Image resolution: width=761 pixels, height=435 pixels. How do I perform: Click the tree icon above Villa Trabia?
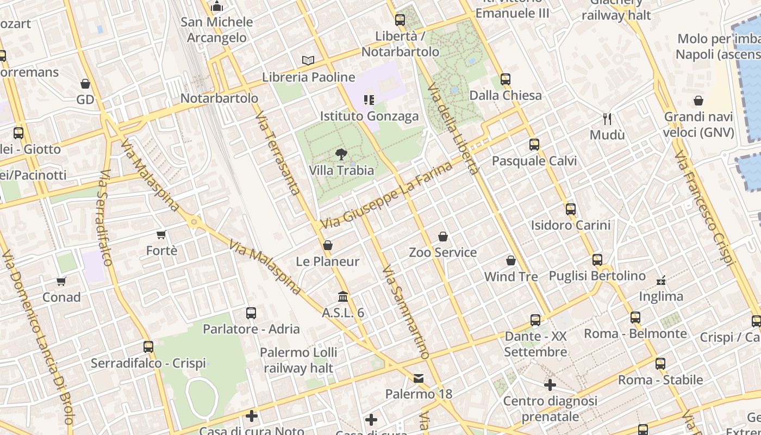pyautogui.click(x=341, y=154)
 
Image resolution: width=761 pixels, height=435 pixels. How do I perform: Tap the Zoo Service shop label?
pyautogui.click(x=442, y=252)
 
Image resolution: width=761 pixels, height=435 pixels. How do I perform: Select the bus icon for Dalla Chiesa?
pyautogui.click(x=506, y=79)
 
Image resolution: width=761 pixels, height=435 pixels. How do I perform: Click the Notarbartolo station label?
pyautogui.click(x=219, y=98)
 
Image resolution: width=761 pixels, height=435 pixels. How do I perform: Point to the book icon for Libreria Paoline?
pyautogui.click(x=308, y=60)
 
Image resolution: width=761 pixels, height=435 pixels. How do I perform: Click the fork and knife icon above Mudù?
pyautogui.click(x=607, y=119)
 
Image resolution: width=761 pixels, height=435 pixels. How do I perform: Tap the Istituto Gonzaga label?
pyautogui.click(x=369, y=116)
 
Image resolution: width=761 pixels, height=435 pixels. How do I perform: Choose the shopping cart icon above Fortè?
pyautogui.click(x=161, y=234)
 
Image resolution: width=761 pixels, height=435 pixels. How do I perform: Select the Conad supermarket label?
pyautogui.click(x=61, y=297)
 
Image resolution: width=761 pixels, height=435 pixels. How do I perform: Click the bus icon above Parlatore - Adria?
pyautogui.click(x=251, y=313)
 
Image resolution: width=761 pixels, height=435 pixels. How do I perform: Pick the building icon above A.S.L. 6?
pyautogui.click(x=343, y=297)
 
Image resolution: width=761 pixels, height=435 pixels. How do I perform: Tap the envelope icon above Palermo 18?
pyautogui.click(x=419, y=378)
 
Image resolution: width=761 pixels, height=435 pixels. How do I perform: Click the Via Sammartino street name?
pyautogui.click(x=406, y=312)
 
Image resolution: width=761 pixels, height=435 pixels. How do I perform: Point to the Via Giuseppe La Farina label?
pyautogui.click(x=386, y=195)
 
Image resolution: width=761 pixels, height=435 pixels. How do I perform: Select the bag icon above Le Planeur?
pyautogui.click(x=327, y=245)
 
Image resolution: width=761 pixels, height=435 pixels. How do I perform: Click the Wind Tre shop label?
pyautogui.click(x=511, y=276)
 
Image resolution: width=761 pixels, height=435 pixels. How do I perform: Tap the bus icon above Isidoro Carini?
pyautogui.click(x=570, y=209)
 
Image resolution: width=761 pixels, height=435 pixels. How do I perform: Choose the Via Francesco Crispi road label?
pyautogui.click(x=704, y=209)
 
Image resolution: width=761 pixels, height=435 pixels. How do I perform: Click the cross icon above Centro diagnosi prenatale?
pyautogui.click(x=550, y=385)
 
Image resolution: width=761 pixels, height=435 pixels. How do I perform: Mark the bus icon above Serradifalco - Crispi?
pyautogui.click(x=148, y=347)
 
